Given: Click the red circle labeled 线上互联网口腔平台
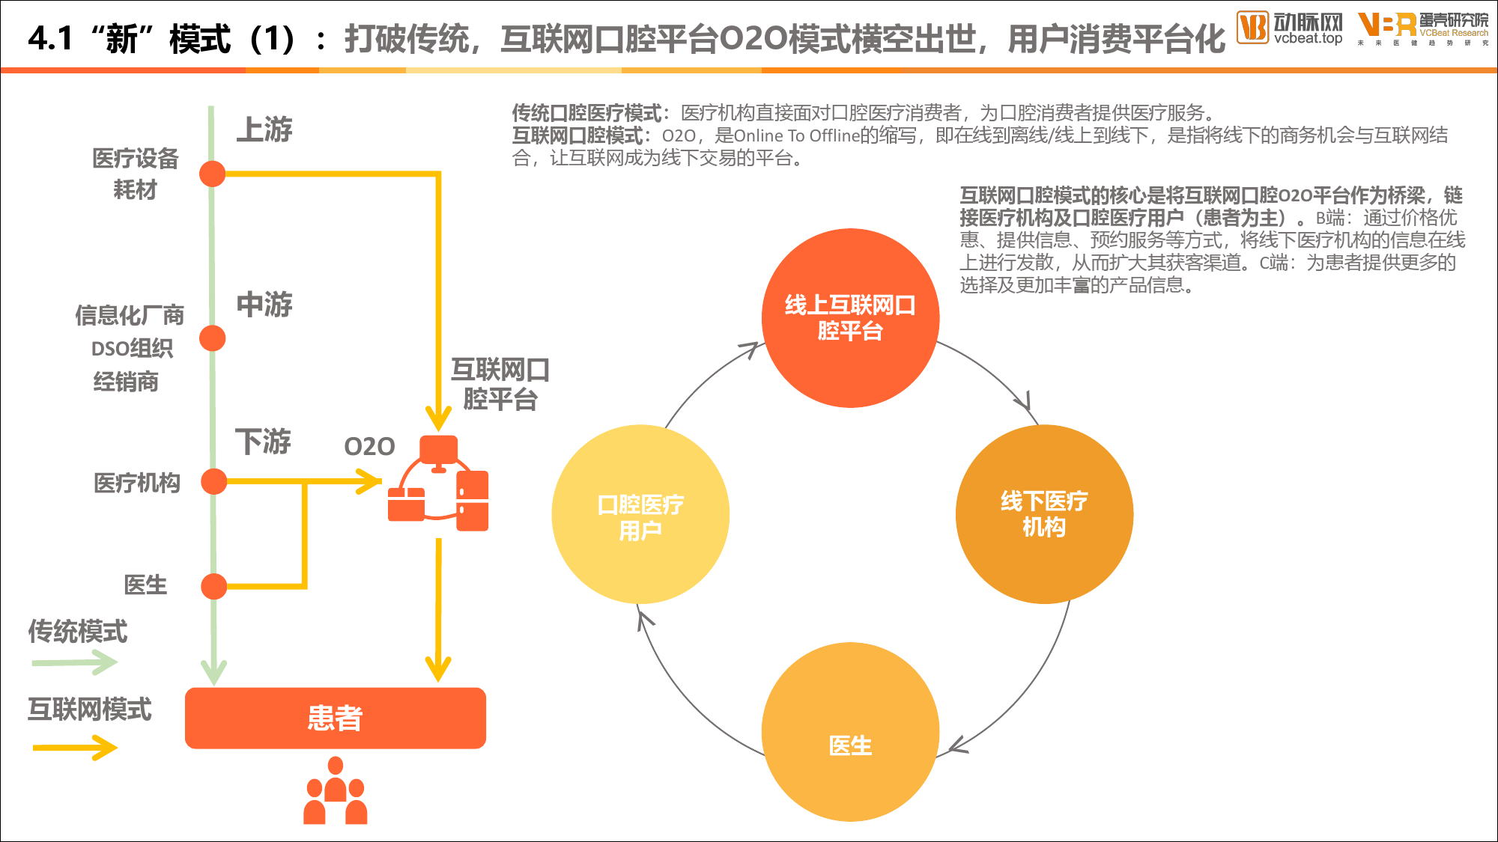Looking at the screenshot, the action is pos(850,318).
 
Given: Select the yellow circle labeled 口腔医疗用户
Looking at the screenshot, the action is pos(640,514).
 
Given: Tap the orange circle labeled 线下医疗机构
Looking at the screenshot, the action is pos(1044,514).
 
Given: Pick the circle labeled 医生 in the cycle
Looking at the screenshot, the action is pos(850,732).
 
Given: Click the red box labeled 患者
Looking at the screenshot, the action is pos(336,718).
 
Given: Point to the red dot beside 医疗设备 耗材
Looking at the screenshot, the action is pos(213,174).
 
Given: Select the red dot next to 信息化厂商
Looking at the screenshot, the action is pos(213,338).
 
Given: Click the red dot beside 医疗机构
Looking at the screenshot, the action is pos(214,481).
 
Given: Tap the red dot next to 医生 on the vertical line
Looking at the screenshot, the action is pos(214,586).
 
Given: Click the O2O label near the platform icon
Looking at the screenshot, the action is pos(369,447).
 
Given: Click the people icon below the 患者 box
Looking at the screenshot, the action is pos(336,790).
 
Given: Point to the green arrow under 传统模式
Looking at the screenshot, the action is pos(74,662).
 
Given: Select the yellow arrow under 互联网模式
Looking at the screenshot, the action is pos(74,747).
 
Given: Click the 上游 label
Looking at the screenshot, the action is pos(264,129).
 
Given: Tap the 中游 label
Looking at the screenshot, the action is pos(264,305).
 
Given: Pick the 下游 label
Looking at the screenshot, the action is pos(263,442).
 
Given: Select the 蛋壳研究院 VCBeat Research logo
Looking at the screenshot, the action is pos(1423,28).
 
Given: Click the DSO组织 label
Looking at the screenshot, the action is pos(132,349).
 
